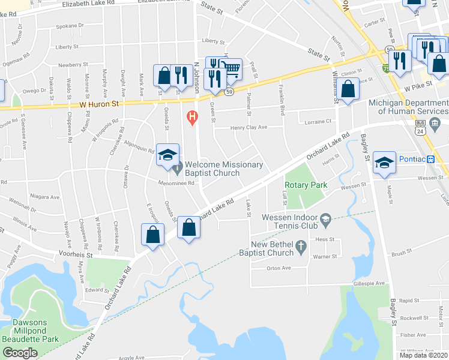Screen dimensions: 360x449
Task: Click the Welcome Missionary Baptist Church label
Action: click(x=223, y=169)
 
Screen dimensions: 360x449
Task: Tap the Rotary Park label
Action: click(x=306, y=185)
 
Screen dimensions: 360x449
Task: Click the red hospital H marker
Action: click(x=192, y=116)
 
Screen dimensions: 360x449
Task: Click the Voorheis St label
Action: click(x=76, y=254)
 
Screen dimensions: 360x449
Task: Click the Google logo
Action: click(x=20, y=353)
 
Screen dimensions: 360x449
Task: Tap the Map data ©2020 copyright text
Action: click(x=423, y=355)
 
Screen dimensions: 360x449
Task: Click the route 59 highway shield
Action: click(x=229, y=92)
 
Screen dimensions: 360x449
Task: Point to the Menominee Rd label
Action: click(x=175, y=184)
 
